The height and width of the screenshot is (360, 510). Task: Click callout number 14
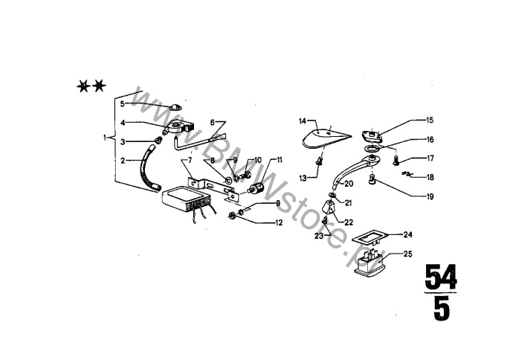[x=303, y=121]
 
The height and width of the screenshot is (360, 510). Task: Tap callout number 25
[x=407, y=254]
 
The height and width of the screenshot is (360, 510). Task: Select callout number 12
[x=279, y=222]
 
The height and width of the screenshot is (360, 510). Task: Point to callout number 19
[x=430, y=196]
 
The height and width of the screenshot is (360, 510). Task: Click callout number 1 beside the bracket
[x=105, y=138]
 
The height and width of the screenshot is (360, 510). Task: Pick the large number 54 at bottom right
[x=441, y=277]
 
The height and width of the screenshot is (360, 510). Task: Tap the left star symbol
[x=83, y=86]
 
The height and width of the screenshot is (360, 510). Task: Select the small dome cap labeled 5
[x=176, y=107]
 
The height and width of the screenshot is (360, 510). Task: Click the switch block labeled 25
[x=369, y=263]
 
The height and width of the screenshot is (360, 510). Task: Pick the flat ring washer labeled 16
[x=371, y=149]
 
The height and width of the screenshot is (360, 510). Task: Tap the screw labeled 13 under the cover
[x=319, y=161]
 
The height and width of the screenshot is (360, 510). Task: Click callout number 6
[x=213, y=123]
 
